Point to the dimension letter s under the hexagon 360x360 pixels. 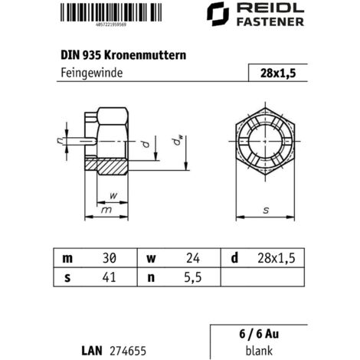pos(264,208)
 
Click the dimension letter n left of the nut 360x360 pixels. pos(60,139)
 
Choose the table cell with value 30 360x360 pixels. pos(107,257)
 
